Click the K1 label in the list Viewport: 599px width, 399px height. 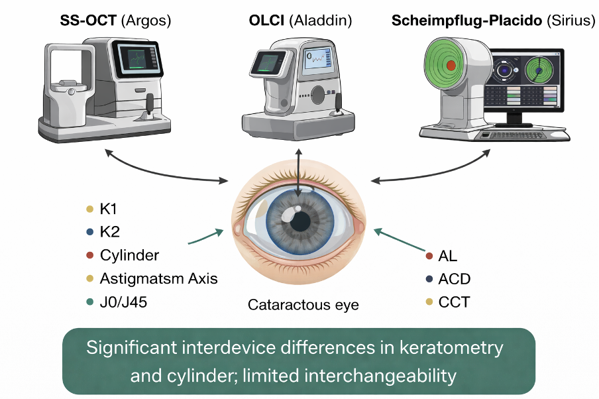109,210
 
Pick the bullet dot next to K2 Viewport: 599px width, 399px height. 89,233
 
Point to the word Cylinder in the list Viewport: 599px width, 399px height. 129,255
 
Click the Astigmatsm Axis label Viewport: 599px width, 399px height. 158,278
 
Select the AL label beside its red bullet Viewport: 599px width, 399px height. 448,256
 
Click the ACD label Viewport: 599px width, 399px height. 455,278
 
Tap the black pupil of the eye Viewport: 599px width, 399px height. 299,219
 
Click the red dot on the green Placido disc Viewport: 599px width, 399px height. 451,66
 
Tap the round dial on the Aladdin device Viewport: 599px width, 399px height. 318,93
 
